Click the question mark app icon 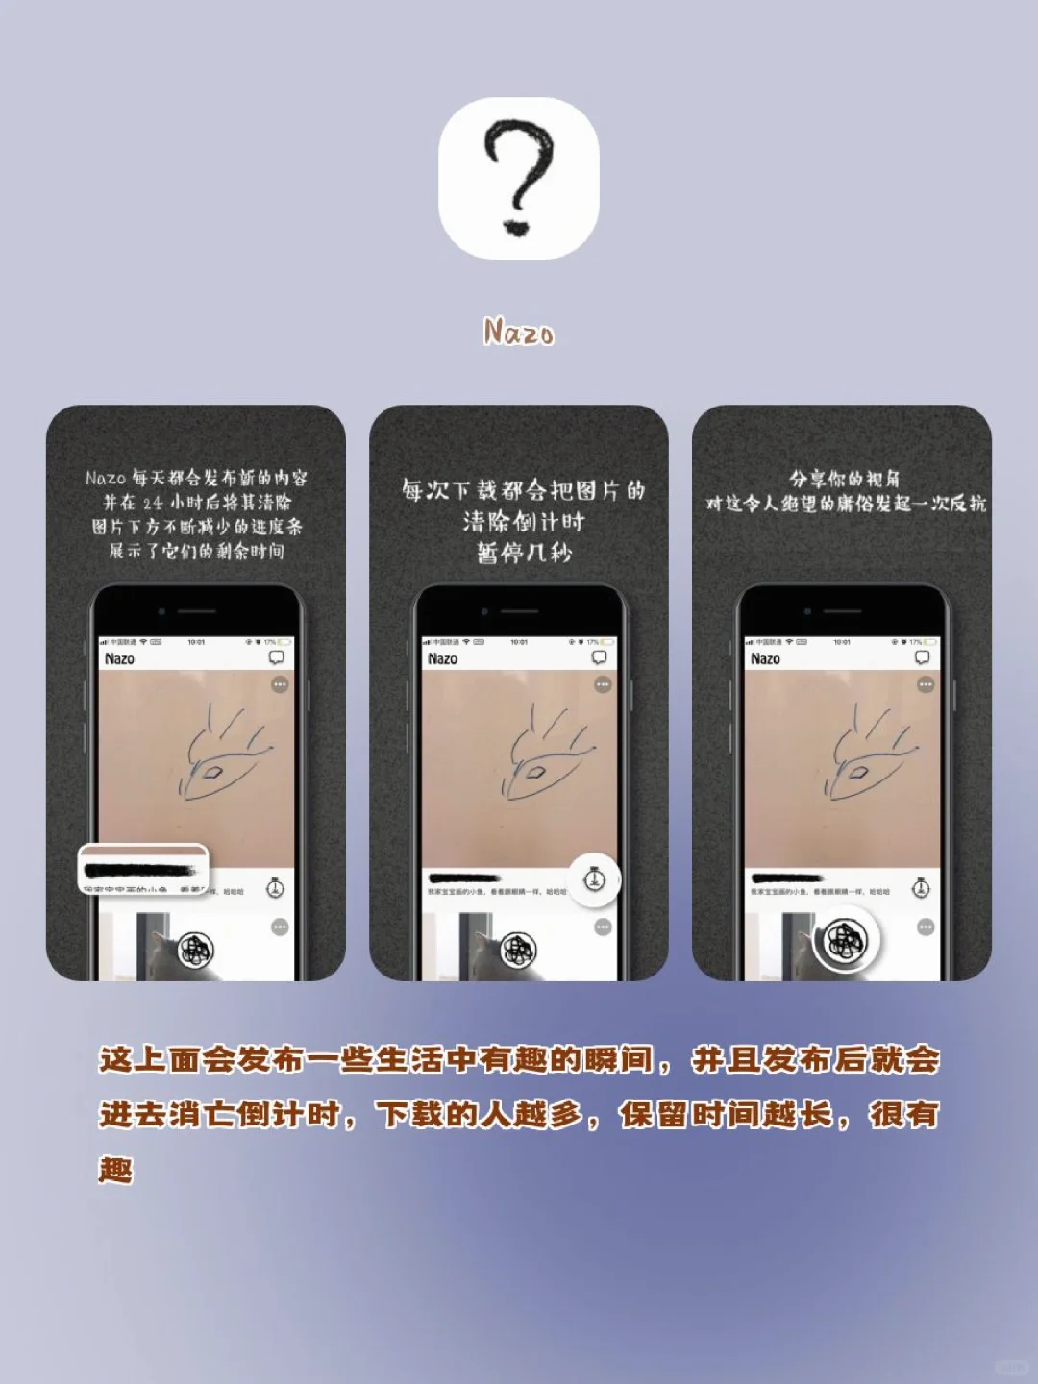click(519, 178)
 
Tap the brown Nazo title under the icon click(519, 333)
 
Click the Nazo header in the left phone click(119, 658)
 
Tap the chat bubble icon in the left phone click(276, 657)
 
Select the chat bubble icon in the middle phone click(599, 657)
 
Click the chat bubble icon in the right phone click(922, 657)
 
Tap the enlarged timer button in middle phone click(594, 878)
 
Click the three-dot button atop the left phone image click(280, 684)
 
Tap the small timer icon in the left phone click(276, 887)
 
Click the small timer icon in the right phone click(921, 887)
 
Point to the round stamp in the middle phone click(519, 950)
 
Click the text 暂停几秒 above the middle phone click(524, 553)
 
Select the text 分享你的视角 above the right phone click(844, 479)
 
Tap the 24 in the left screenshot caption click(153, 503)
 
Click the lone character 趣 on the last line click(115, 1170)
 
